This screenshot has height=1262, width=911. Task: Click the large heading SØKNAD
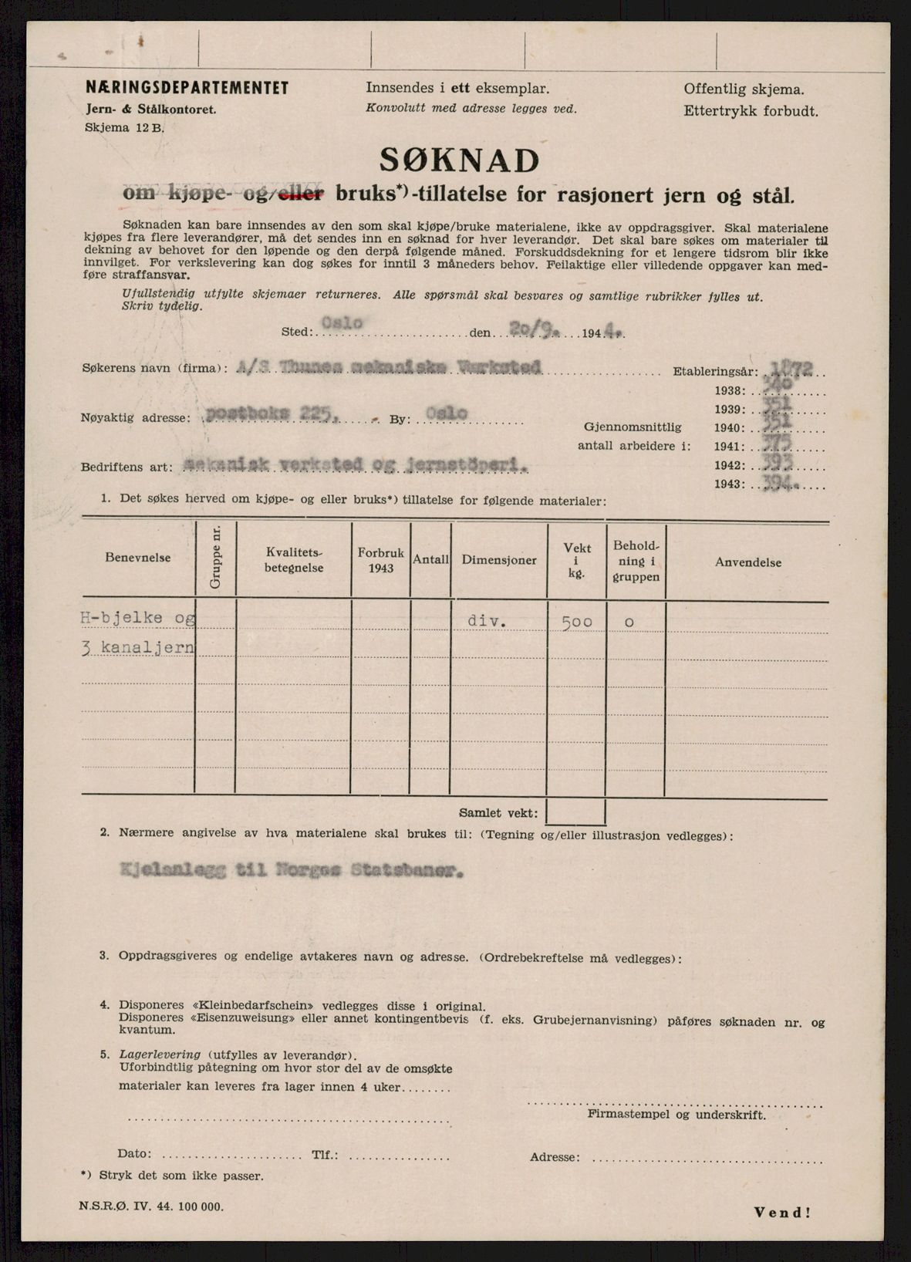(459, 160)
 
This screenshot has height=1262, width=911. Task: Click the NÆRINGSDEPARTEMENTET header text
(187, 88)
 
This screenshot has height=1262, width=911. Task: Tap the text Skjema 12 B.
(124, 129)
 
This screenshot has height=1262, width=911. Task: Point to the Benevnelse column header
(138, 558)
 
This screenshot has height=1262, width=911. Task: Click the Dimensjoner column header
(499, 560)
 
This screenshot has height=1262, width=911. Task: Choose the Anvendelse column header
(747, 562)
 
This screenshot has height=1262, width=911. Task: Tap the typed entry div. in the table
(486, 620)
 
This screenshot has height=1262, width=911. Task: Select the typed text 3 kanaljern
(138, 647)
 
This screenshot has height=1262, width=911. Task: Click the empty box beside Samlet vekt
(575, 812)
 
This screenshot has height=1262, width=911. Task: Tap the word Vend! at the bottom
(782, 1212)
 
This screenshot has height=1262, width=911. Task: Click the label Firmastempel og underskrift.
(677, 1114)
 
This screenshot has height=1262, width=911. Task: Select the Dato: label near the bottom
(135, 1154)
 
